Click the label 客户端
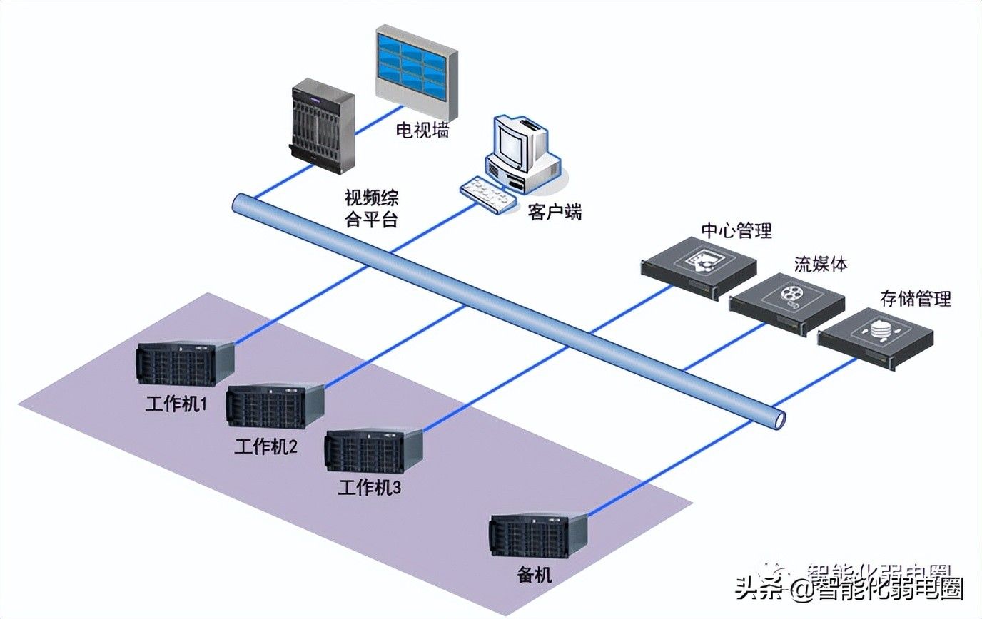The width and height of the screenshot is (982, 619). point(555,212)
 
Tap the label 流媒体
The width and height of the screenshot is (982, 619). point(820,263)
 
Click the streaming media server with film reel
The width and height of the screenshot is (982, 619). point(786,302)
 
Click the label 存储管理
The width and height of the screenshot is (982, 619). point(916,298)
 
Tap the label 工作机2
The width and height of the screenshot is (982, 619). point(266,447)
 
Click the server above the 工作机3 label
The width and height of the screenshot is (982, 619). point(373,450)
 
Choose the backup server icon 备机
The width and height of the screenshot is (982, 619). point(537,535)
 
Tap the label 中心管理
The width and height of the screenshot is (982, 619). point(736,230)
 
